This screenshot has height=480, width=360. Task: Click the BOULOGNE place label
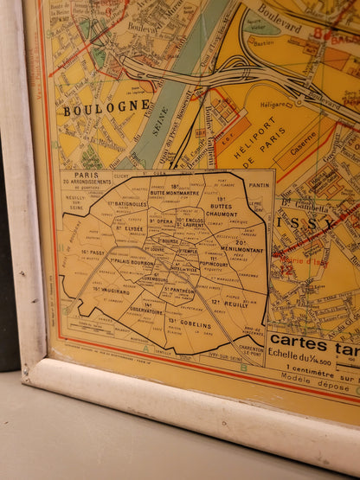click(106, 108)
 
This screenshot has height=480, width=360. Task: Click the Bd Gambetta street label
click(298, 204)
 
